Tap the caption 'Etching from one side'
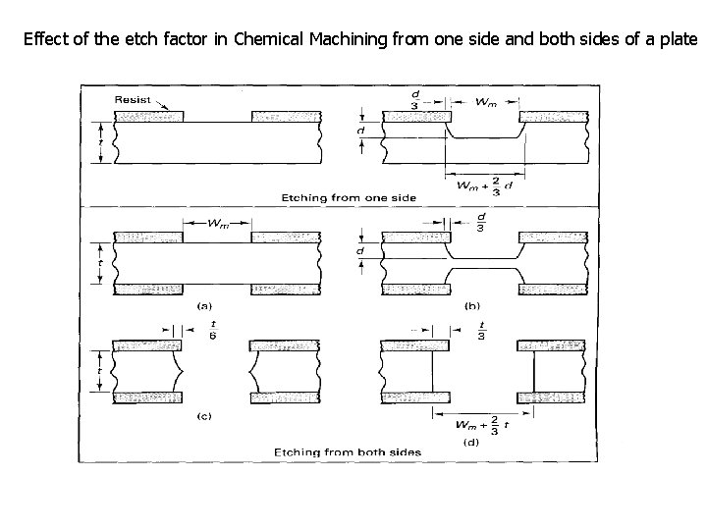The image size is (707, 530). (x=348, y=197)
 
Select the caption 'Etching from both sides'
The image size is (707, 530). (x=348, y=451)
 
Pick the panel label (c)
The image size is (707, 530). (x=205, y=417)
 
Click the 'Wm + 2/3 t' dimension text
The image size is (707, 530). (x=485, y=425)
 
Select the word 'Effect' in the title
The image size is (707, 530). (x=45, y=39)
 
